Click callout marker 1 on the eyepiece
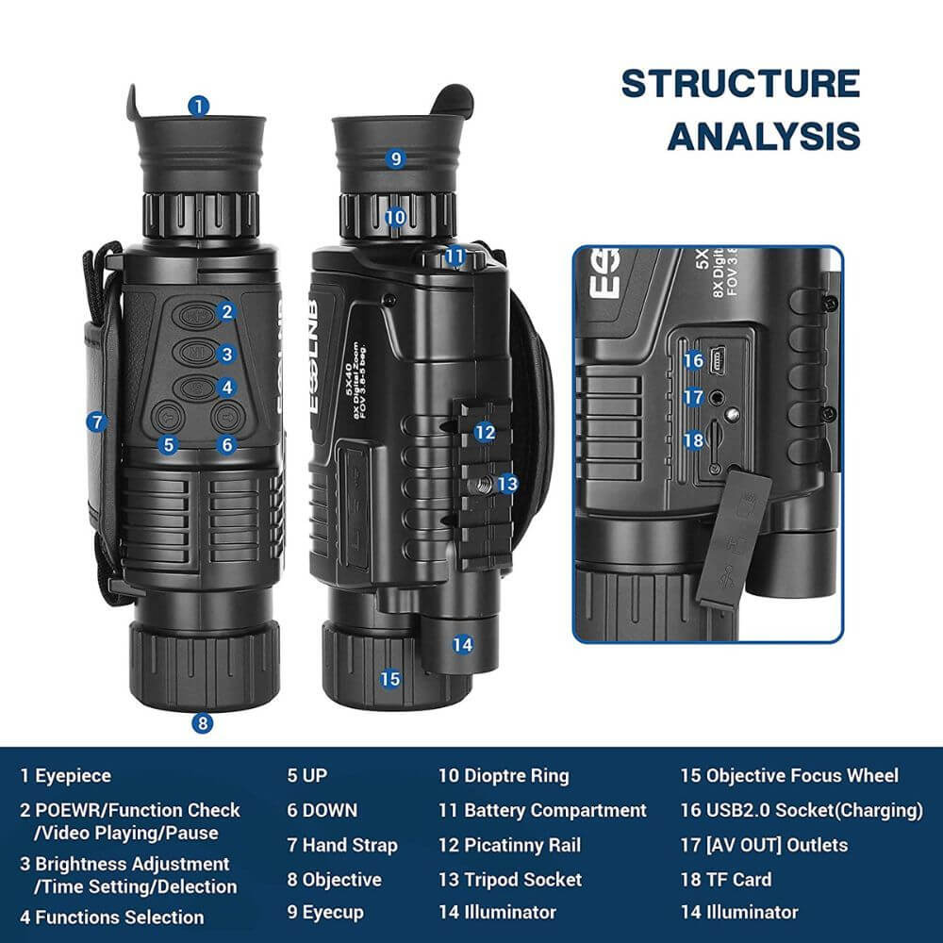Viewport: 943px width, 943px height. coord(197,106)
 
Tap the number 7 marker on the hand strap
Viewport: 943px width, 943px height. coord(96,422)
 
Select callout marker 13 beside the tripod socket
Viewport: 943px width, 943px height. coord(507,484)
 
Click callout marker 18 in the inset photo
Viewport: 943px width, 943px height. coord(693,439)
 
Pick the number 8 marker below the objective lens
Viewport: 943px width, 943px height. coord(202,723)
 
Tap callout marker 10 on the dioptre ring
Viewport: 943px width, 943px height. coord(395,218)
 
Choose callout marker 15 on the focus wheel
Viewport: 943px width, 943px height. coord(389,678)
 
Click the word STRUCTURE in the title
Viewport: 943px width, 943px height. coord(739,83)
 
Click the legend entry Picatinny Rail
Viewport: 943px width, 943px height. coord(521,845)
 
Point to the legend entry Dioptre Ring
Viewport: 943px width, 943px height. coord(504,776)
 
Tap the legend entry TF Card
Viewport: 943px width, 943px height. coord(726,880)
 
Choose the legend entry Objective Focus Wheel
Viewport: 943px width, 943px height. coord(789,776)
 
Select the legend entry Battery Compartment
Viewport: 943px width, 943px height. coord(542,810)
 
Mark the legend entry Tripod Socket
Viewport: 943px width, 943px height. coord(510,880)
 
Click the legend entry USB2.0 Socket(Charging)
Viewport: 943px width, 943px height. coord(801,810)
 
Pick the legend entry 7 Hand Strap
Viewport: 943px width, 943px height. coord(342,845)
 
